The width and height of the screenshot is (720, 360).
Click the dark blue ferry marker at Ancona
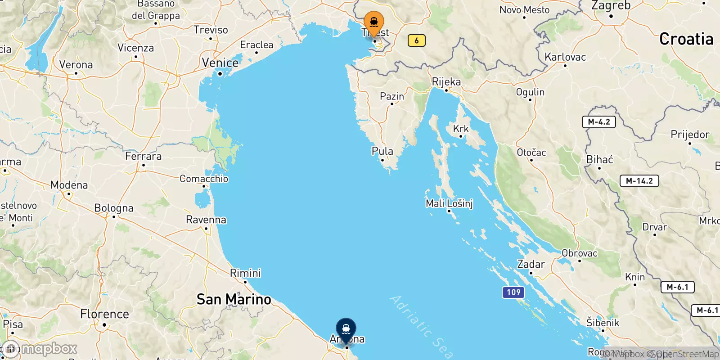[x=346, y=329]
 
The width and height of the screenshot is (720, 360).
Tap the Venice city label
[x=220, y=63]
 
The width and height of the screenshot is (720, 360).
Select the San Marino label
[x=234, y=299]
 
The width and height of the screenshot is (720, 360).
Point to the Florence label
[x=104, y=314]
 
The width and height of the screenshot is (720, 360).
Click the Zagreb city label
[x=611, y=6]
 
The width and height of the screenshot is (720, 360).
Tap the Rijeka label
[x=446, y=82]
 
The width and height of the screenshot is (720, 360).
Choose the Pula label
[x=382, y=151]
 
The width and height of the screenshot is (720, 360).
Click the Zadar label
[x=531, y=264]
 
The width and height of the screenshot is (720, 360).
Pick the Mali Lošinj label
[x=449, y=203]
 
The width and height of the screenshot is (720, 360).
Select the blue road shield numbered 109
[x=513, y=292]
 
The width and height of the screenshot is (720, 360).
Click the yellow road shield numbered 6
[x=416, y=40]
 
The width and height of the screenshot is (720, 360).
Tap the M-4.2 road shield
[x=599, y=122]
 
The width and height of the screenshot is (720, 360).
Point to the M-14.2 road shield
[x=639, y=181]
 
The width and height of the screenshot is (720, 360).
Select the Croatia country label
[x=686, y=40]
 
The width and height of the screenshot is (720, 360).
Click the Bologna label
[x=114, y=208]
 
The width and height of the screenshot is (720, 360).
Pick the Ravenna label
[x=206, y=220]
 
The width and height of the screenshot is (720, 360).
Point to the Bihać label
[x=599, y=160]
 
